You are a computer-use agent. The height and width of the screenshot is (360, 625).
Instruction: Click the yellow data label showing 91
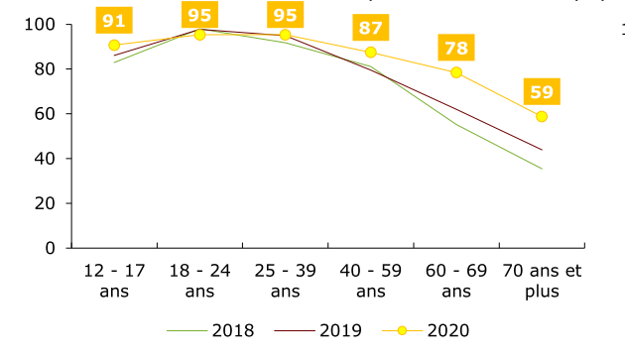point(114,20)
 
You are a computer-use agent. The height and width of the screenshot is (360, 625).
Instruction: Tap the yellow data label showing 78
point(456,48)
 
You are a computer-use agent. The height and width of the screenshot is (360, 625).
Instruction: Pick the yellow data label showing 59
point(542,92)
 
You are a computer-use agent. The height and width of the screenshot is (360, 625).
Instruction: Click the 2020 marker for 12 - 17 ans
point(114,45)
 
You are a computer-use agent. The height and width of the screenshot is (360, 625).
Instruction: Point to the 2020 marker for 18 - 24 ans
point(199,35)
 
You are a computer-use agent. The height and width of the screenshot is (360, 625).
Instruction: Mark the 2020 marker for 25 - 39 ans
point(286,35)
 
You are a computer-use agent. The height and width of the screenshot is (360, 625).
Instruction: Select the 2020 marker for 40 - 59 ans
point(371,53)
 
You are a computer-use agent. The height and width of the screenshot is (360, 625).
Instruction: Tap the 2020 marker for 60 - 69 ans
point(456,72)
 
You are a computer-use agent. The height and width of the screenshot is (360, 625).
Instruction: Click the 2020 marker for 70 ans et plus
point(542,116)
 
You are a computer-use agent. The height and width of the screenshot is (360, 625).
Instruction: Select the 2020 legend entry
point(427,330)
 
